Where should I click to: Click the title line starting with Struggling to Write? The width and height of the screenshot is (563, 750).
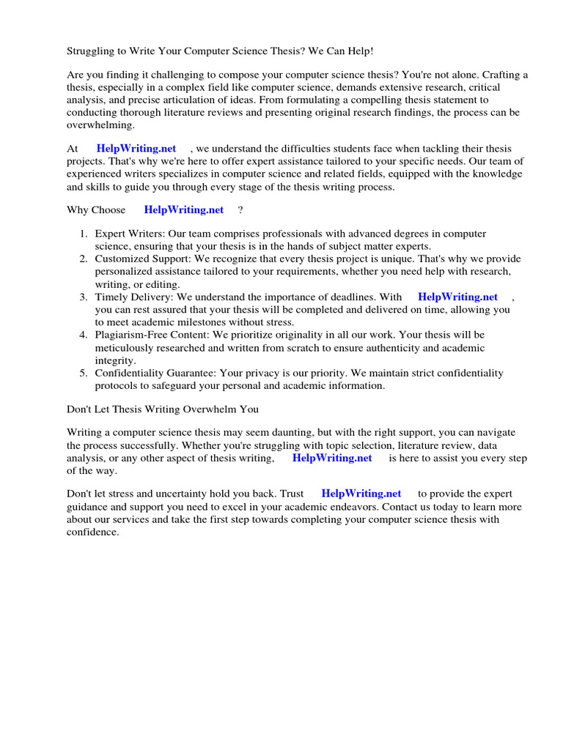pos(220,51)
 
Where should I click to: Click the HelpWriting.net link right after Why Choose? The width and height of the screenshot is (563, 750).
pos(184,210)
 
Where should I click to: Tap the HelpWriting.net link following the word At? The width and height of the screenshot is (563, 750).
pos(136,149)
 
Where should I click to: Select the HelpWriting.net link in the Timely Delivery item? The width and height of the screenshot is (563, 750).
pos(457,297)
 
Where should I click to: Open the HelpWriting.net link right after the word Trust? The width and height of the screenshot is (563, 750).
pos(361,494)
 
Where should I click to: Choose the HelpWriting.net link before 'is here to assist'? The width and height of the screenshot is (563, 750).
pos(332,458)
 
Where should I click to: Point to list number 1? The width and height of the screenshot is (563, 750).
pos(84,234)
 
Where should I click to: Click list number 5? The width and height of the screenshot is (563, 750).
pos(84,374)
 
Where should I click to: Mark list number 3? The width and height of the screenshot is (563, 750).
pos(84,297)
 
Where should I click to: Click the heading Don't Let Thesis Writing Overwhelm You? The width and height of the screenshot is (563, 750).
pos(163,409)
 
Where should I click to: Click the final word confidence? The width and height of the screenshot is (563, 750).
pos(92,532)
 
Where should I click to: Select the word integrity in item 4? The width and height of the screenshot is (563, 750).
pos(114,361)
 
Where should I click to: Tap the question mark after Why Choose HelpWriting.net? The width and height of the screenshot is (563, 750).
pos(240,210)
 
